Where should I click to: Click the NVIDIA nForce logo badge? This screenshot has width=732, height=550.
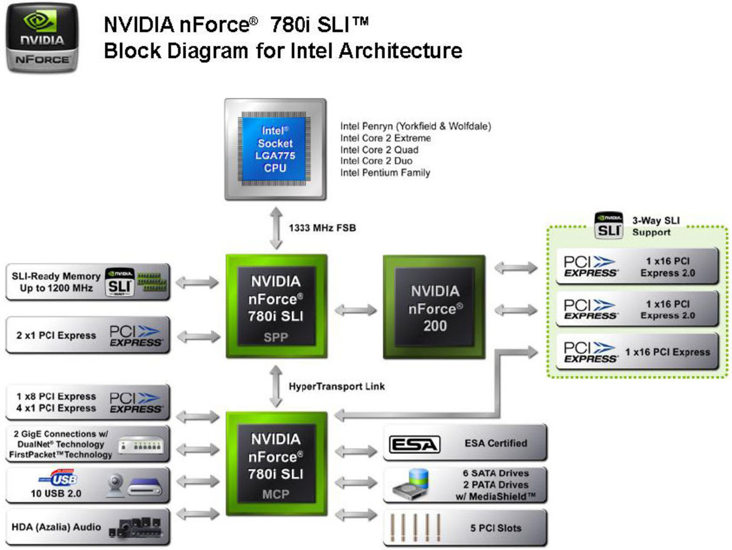click(42, 38)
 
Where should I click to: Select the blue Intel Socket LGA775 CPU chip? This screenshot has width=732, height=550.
click(275, 149)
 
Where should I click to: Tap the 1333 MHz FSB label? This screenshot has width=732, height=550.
click(322, 228)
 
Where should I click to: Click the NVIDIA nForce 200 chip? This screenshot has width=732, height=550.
click(434, 308)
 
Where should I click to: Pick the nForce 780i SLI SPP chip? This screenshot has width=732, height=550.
click(276, 307)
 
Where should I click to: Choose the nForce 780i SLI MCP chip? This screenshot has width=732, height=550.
click(276, 464)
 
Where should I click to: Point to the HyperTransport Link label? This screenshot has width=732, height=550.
click(336, 386)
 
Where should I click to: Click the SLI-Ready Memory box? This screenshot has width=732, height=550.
click(87, 282)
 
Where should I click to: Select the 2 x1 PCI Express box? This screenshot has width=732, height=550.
click(87, 335)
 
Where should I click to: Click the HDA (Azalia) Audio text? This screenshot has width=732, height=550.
click(56, 527)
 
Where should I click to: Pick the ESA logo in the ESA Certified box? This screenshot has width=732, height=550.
click(414, 444)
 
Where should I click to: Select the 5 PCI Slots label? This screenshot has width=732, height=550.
click(495, 528)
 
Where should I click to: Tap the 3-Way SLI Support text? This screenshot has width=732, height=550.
click(655, 227)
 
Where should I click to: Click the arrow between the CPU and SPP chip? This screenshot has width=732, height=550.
click(276, 228)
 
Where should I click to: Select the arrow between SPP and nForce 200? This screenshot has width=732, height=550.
click(355, 310)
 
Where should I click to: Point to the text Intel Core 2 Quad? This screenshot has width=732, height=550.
click(379, 150)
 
